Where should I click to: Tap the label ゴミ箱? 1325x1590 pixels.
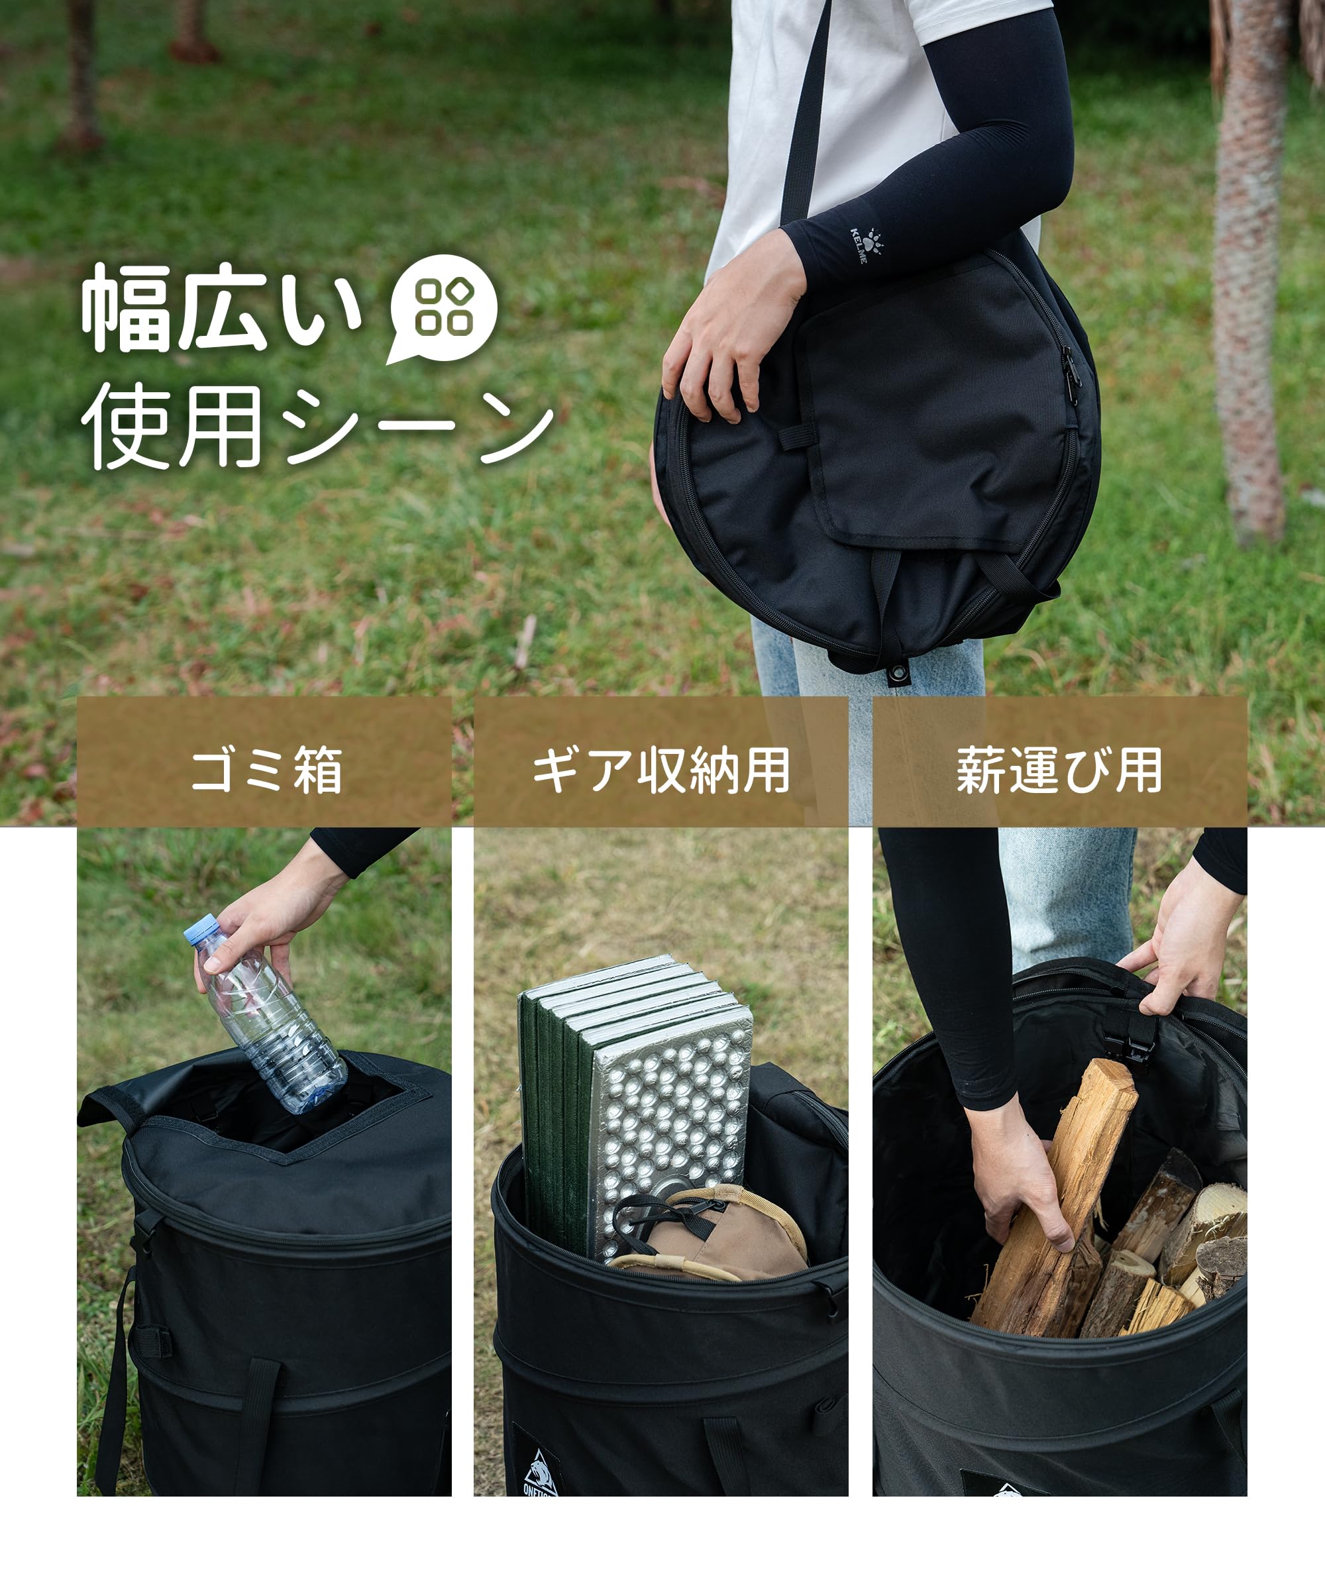(x=266, y=770)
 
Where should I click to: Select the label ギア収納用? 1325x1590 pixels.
(x=661, y=770)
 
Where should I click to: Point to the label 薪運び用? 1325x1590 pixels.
(x=1059, y=770)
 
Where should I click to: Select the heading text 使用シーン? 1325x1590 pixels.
(x=318, y=425)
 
